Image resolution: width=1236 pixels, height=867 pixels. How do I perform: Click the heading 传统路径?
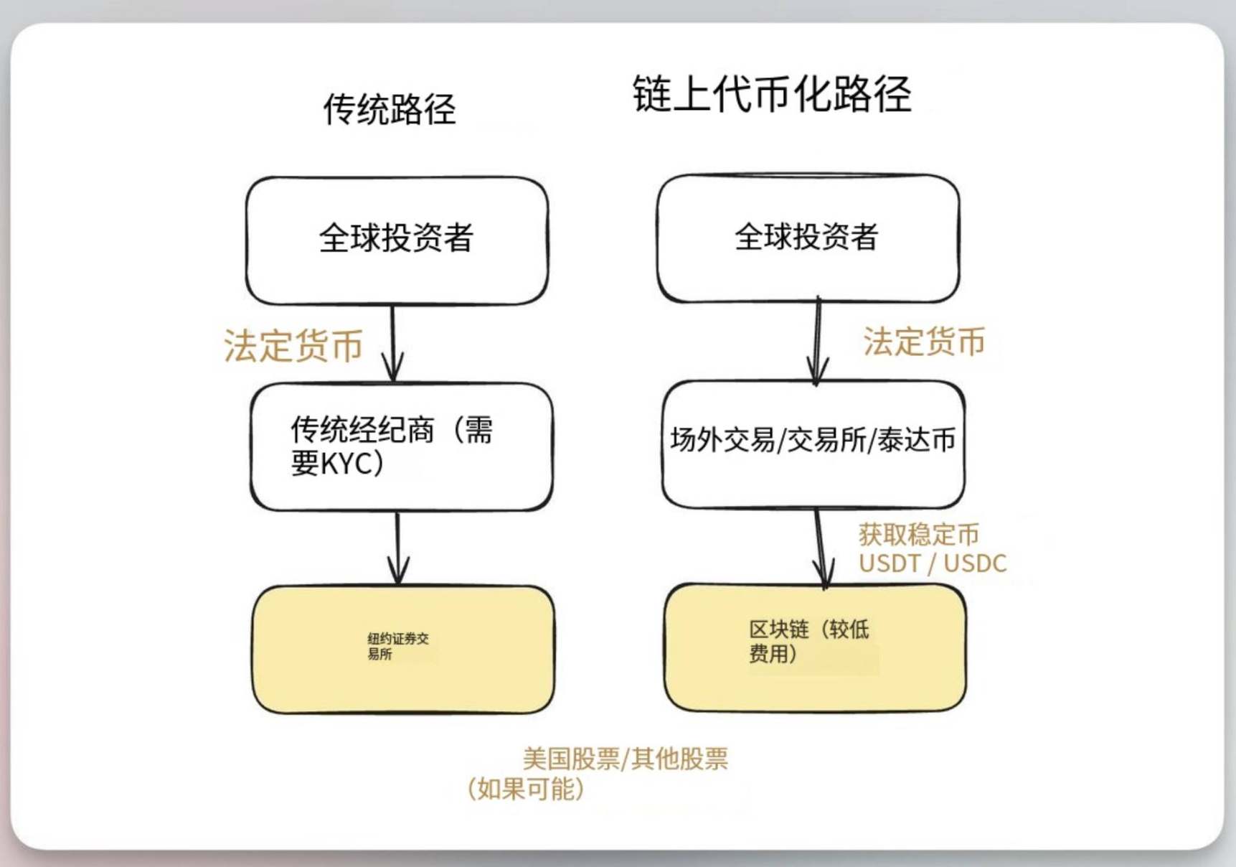(x=390, y=110)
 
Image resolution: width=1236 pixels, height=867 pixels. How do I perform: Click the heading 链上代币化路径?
(x=772, y=94)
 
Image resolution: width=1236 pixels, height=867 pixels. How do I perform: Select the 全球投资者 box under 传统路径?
(x=397, y=240)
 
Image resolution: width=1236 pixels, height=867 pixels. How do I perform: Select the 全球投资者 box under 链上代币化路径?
(x=808, y=238)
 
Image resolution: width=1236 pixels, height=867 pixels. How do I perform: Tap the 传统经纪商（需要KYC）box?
(x=402, y=446)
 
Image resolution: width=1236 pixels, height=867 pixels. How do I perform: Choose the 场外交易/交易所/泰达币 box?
(x=813, y=444)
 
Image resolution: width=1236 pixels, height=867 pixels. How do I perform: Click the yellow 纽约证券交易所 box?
(x=403, y=650)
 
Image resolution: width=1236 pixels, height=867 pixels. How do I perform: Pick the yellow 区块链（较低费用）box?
(x=815, y=647)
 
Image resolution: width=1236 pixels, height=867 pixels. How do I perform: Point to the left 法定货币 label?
(x=293, y=345)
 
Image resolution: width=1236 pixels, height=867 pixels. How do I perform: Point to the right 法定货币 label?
(x=924, y=342)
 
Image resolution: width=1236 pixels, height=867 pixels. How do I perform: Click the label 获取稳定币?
(x=919, y=535)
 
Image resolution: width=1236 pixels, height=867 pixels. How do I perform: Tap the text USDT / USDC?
(x=933, y=563)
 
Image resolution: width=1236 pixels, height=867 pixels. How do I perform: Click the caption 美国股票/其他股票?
(x=626, y=759)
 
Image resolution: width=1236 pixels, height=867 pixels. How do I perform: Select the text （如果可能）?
(x=525, y=789)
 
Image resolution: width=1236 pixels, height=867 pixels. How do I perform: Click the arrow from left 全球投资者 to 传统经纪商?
(x=393, y=343)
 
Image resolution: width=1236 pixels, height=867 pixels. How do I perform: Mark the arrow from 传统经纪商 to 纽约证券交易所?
(x=398, y=548)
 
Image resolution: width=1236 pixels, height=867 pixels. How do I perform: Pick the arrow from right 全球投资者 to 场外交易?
(x=818, y=342)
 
